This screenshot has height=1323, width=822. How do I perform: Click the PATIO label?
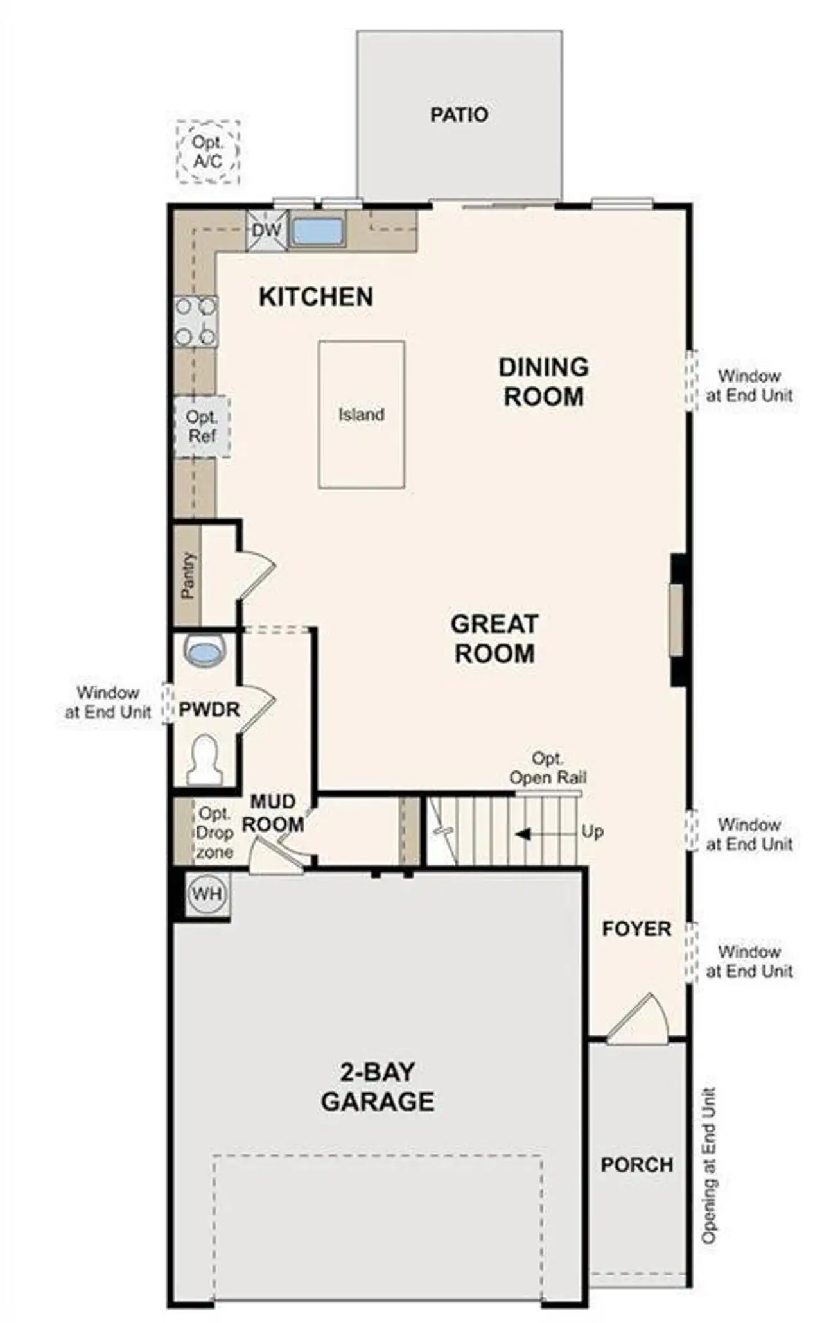point(459,115)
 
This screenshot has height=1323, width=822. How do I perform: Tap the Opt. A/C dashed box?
point(208,152)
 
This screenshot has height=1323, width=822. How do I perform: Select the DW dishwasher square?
point(266,230)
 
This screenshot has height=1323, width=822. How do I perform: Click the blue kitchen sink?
point(317,232)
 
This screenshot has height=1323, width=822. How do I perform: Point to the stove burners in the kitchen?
point(196,322)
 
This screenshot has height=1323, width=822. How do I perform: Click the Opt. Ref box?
point(202,426)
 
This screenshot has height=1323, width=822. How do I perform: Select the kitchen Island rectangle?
point(362,415)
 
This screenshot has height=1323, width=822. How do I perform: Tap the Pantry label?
point(188,575)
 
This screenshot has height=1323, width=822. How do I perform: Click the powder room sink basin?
point(205,650)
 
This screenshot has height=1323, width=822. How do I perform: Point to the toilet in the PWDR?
point(204,760)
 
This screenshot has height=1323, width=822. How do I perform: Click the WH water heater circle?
point(207,894)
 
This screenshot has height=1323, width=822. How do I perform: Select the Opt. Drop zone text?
point(214,833)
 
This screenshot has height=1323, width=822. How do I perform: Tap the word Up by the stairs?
point(592,831)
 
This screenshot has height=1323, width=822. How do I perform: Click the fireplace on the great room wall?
point(677,619)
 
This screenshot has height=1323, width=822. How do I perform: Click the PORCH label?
point(636,1165)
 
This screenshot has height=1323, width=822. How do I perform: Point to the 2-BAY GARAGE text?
point(378,1087)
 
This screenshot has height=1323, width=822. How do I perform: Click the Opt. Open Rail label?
point(547,768)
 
